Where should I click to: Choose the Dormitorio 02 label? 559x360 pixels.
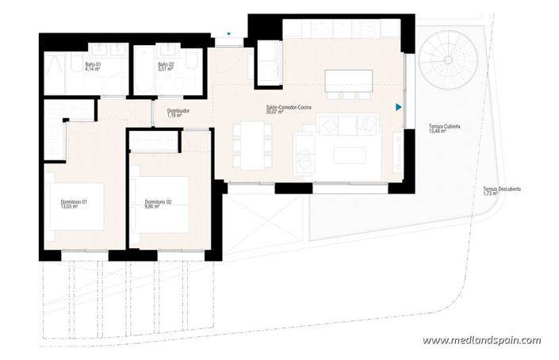click(x=158, y=203)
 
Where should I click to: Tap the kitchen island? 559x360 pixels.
click(x=348, y=79)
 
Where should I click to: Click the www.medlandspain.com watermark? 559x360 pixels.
click(x=481, y=340)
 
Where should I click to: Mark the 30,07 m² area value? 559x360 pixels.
click(x=274, y=113)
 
